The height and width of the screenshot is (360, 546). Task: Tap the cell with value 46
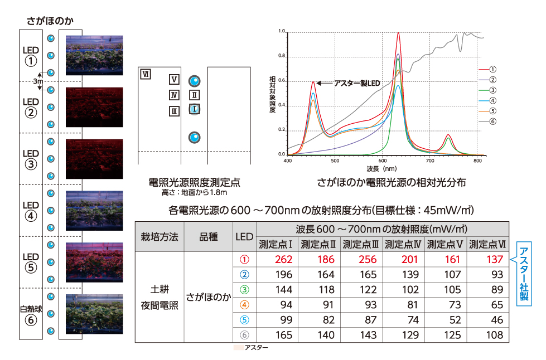click(489, 320)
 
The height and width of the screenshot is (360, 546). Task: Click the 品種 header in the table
click(208, 236)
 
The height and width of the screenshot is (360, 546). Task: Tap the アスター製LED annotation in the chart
click(356, 83)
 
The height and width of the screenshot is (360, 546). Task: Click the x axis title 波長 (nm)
click(381, 168)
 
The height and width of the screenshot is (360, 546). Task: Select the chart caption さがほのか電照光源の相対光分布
click(391, 182)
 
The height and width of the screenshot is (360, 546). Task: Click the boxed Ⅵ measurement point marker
click(146, 74)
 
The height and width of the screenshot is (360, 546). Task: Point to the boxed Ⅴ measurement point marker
click(174, 79)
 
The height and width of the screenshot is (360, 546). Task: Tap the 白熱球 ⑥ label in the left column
click(31, 314)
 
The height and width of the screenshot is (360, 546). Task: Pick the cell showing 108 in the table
click(489, 335)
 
